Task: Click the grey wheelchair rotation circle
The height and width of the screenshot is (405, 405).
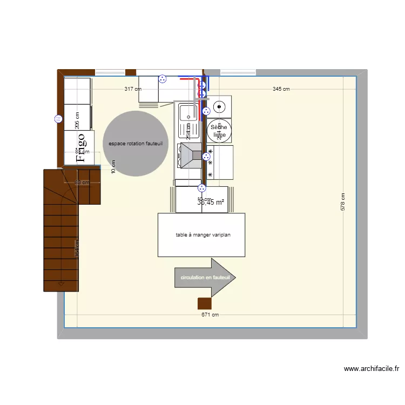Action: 136,144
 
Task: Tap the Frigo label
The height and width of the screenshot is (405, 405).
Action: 81,147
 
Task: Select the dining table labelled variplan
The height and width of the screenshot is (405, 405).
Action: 202,235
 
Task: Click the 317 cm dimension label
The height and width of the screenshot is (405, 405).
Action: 133,89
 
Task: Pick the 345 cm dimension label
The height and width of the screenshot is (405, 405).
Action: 281,89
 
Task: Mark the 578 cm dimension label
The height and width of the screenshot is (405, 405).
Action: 342,202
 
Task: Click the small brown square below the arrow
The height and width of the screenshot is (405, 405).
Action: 204,304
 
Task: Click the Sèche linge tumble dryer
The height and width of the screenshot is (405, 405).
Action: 219,131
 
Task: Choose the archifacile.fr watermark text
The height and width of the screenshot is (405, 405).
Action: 372,369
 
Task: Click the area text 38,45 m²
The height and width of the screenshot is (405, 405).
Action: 211,203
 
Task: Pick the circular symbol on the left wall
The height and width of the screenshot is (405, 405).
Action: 58,119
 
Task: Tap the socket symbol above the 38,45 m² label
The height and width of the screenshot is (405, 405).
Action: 202,188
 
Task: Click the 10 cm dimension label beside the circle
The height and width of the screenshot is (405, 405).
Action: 113,166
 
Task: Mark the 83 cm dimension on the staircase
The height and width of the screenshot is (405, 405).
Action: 82,183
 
